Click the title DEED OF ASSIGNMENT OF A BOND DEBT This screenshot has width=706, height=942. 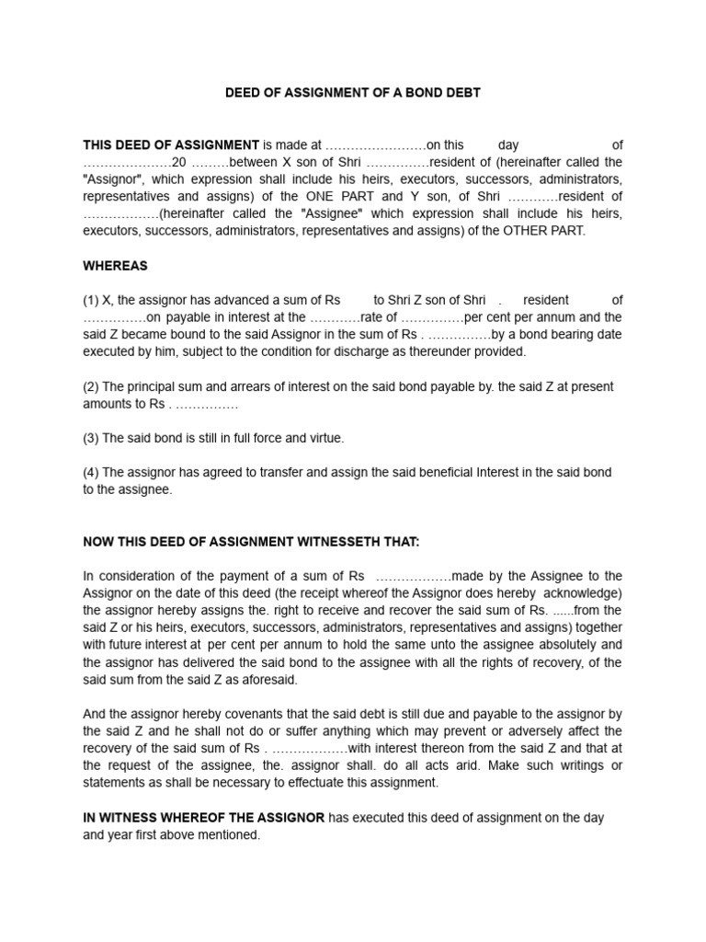pos(353,93)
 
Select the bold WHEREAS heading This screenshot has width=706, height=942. pos(115,266)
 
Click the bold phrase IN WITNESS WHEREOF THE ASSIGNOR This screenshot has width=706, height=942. pos(203,818)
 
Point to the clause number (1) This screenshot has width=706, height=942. pos(91,300)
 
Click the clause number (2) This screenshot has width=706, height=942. pos(91,386)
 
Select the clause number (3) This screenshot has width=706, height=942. pos(91,438)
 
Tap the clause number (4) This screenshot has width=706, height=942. pos(91,472)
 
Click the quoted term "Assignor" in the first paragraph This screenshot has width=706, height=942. pos(111,179)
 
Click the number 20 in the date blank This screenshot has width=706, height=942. pos(179,162)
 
